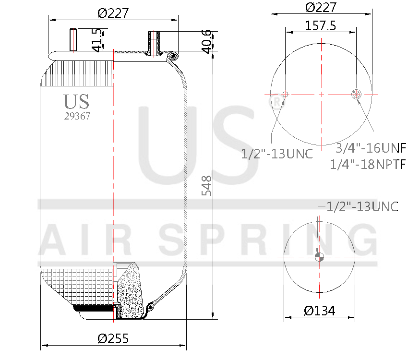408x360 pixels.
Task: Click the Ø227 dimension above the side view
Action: tap(113, 13)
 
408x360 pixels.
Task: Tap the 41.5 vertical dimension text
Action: tap(97, 40)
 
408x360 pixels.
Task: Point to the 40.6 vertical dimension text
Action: tap(207, 41)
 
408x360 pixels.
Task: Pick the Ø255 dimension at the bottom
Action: tap(113, 338)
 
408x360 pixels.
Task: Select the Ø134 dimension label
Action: tap(320, 311)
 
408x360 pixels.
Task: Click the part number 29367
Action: tap(77, 116)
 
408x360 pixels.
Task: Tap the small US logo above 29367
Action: tap(76, 101)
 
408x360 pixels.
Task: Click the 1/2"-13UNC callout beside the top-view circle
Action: tap(277, 154)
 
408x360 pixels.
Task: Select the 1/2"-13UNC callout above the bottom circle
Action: tap(362, 206)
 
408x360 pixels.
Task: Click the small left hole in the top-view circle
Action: tap(285, 94)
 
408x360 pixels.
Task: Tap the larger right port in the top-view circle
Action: tap(357, 94)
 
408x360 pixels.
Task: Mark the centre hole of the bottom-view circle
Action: tap(319, 257)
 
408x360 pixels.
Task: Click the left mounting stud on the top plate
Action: tap(73, 41)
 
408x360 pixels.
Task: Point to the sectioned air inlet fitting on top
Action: tap(154, 43)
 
